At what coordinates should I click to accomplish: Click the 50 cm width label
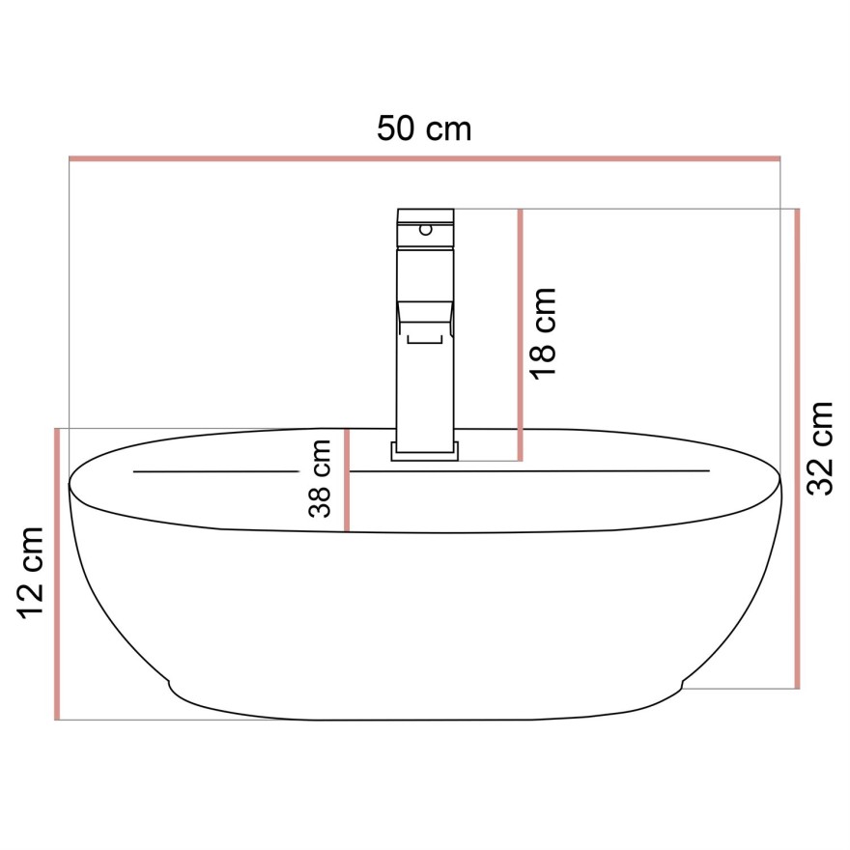click(424, 128)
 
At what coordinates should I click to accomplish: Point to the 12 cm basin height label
click(32, 573)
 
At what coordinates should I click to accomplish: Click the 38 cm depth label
click(320, 478)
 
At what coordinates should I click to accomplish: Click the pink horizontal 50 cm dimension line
click(424, 157)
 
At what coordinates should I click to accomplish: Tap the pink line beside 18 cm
click(521, 333)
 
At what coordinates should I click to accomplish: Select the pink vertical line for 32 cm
click(797, 448)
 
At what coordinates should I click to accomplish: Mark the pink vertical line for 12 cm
click(57, 573)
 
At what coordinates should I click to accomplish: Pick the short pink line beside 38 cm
click(347, 479)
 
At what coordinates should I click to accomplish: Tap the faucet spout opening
click(427, 336)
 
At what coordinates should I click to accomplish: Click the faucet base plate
click(426, 450)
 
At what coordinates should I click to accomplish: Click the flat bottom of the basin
click(425, 720)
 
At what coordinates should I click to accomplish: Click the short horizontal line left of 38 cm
click(215, 471)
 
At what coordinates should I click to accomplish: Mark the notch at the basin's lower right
click(681, 687)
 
